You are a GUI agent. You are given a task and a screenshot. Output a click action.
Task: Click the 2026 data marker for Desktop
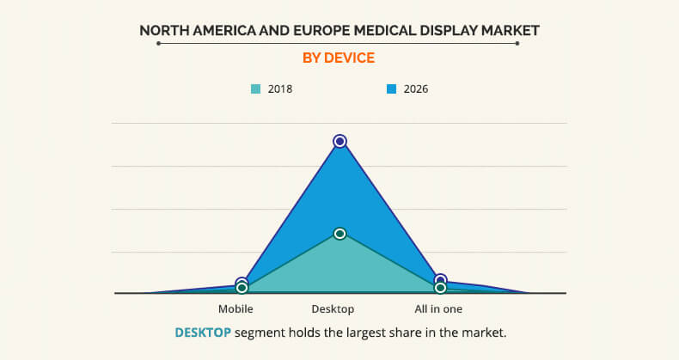pyautogui.click(x=339, y=141)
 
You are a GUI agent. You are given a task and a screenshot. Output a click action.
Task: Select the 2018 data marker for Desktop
pyautogui.click(x=339, y=234)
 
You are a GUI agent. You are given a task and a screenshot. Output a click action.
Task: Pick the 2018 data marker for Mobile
pyautogui.click(x=242, y=288)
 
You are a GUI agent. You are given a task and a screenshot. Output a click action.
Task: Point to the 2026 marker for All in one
pyautogui.click(x=440, y=280)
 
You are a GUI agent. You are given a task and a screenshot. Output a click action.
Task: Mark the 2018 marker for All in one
pyautogui.click(x=440, y=288)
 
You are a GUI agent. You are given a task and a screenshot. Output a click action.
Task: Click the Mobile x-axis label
pyautogui.click(x=236, y=308)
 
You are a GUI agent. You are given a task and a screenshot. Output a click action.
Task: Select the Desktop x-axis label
pyautogui.click(x=333, y=308)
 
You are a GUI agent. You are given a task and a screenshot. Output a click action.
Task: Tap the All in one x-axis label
pyautogui.click(x=437, y=308)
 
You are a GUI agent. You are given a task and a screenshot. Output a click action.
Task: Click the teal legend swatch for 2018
pyautogui.click(x=255, y=88)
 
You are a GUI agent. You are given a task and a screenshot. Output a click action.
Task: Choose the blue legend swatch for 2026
pyautogui.click(x=391, y=88)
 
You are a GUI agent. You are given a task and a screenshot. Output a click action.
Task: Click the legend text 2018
pyautogui.click(x=279, y=88)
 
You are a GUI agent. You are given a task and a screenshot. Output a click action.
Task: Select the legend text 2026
pyautogui.click(x=415, y=88)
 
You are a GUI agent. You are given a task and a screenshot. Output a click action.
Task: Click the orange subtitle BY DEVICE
pyautogui.click(x=339, y=58)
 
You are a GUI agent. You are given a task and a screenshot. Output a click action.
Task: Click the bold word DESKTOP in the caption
pyautogui.click(x=203, y=332)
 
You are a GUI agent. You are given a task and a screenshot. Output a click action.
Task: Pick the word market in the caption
pyautogui.click(x=481, y=332)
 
